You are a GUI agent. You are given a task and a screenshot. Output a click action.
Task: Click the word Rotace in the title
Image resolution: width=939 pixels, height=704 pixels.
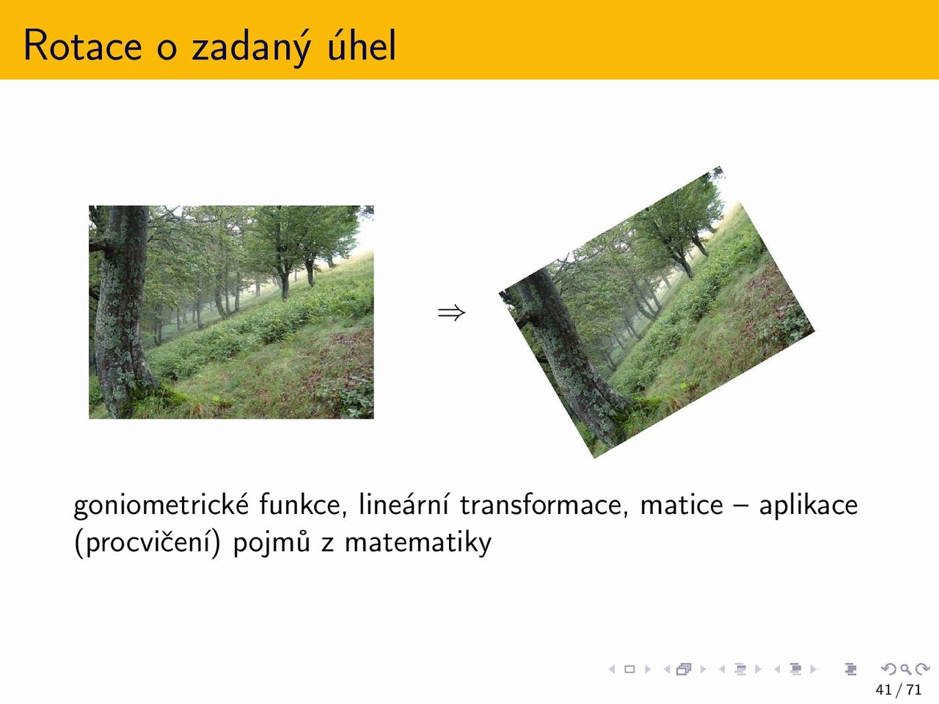coord(83,45)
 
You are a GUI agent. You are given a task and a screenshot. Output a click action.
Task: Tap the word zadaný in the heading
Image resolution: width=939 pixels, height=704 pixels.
coord(251,47)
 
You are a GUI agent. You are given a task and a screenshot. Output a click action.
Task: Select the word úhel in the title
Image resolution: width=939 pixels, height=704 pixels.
coord(362,45)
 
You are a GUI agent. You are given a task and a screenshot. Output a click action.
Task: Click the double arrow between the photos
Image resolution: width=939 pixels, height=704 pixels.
coord(451,312)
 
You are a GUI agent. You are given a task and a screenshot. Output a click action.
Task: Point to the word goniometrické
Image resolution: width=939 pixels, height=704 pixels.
coord(161,506)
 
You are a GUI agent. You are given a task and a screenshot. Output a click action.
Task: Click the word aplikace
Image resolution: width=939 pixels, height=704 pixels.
coord(808,506)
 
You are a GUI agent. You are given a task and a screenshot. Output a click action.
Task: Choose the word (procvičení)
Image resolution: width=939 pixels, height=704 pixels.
coord(147,543)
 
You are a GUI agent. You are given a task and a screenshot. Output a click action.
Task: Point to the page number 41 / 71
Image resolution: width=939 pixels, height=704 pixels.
coord(899,690)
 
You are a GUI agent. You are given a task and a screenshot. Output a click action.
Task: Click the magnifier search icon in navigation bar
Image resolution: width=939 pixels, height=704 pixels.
coord(905,670)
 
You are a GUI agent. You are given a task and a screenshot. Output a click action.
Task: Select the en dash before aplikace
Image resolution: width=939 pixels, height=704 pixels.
coord(740,506)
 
